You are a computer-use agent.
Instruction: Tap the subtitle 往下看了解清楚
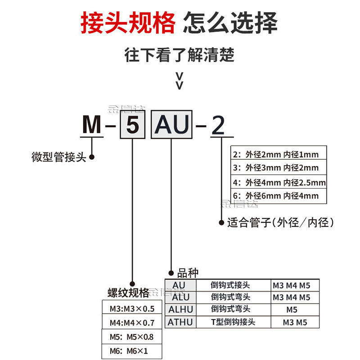[180, 55]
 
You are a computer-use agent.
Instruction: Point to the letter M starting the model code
[91, 125]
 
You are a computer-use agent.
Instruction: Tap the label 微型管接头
[58, 157]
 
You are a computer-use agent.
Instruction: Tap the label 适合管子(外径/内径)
[280, 222]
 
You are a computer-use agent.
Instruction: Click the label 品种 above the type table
[188, 273]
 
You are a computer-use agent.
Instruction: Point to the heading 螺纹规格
[129, 293]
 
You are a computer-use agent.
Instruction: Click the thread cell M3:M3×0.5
[132, 309]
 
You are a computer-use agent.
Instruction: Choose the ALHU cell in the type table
[180, 309]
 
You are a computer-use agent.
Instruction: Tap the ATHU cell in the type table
[180, 322]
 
